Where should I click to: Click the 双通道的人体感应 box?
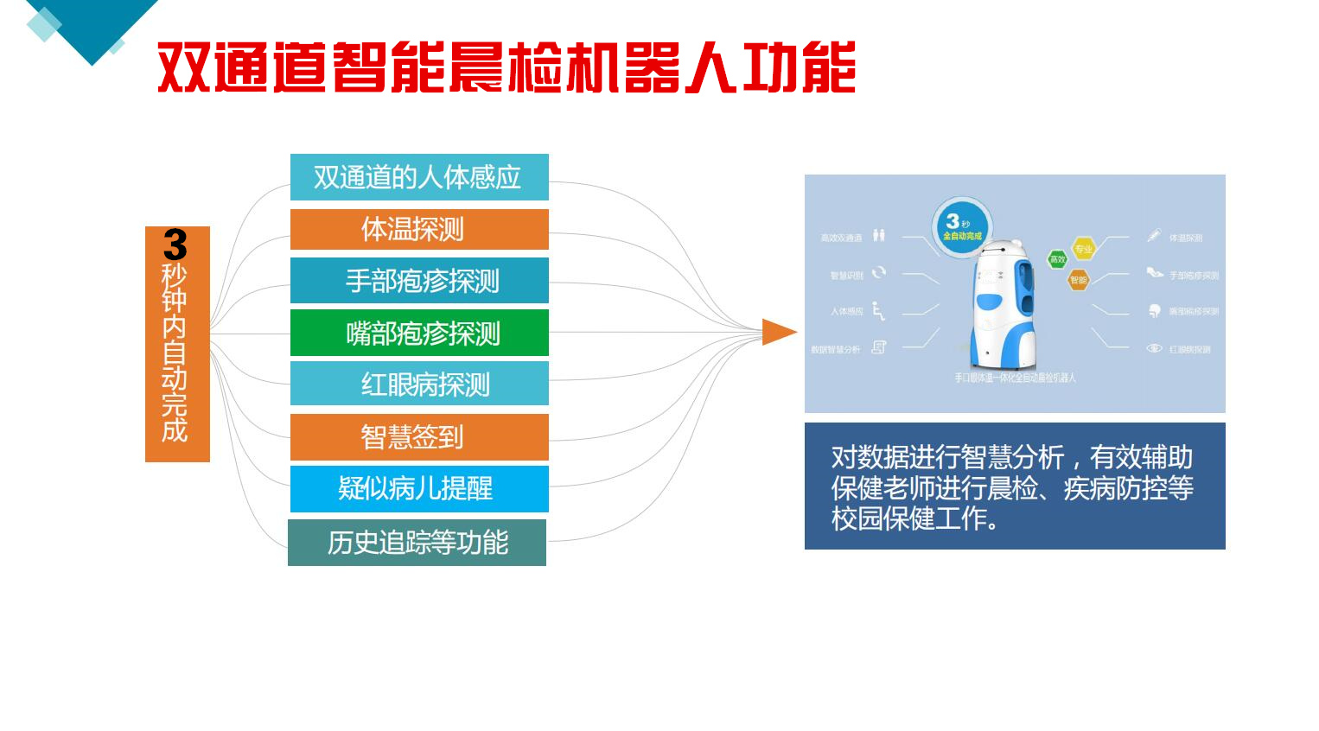click(x=419, y=177)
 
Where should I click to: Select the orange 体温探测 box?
click(x=419, y=229)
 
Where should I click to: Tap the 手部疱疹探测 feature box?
click(x=419, y=281)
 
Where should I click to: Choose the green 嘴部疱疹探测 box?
click(x=419, y=334)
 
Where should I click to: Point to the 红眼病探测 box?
click(x=419, y=384)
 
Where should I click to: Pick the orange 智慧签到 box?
click(x=419, y=437)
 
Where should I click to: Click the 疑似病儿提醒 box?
click(x=419, y=488)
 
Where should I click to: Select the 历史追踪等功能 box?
click(x=417, y=543)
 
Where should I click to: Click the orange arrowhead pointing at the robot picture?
click(x=778, y=332)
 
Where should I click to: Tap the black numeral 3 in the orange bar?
click(x=175, y=245)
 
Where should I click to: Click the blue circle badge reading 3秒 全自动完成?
click(x=962, y=228)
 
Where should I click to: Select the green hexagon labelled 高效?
click(x=1057, y=259)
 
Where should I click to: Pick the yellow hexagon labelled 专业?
click(x=1083, y=249)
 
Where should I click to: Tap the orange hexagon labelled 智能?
click(x=1078, y=280)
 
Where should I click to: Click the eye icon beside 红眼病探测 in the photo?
click(x=1154, y=348)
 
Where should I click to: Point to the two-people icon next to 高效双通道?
click(x=879, y=235)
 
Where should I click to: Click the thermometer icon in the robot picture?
click(x=1154, y=235)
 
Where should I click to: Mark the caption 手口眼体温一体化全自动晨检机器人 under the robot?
click(x=1015, y=378)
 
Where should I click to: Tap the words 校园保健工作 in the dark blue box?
click(x=908, y=518)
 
